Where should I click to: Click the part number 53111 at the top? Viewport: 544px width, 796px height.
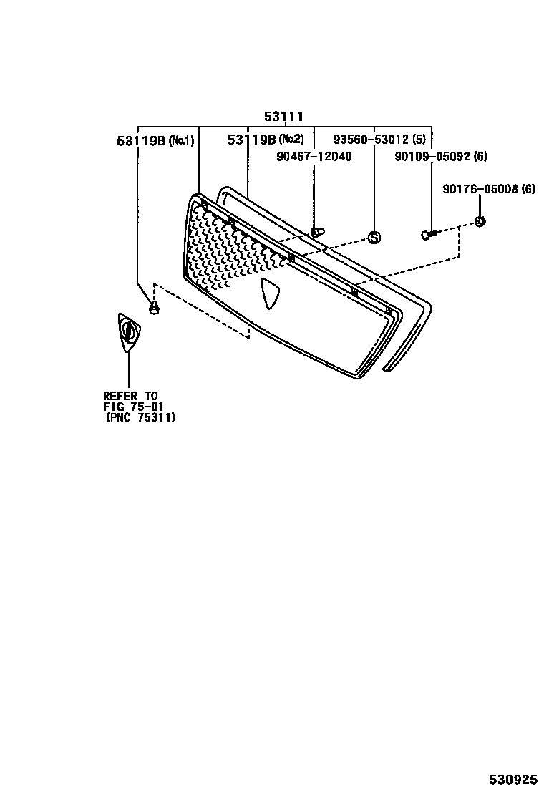tap(284, 116)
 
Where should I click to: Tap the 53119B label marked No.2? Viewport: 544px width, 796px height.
tap(266, 140)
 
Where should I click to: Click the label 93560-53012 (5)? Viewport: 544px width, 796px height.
tap(379, 139)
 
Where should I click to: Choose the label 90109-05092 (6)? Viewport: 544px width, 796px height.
tap(441, 156)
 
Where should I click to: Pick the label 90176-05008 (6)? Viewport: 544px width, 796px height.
tap(488, 189)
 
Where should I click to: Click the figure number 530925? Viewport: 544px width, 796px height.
tap(513, 779)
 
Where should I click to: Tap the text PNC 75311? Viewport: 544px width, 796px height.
tap(141, 417)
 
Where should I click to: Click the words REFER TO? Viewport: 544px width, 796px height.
tap(130, 396)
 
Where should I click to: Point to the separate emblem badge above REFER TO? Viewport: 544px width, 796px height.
tap(129, 332)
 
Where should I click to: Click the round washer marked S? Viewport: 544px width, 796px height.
tap(374, 237)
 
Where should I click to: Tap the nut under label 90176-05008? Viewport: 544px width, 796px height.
tap(480, 221)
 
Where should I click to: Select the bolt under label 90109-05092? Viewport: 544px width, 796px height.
tap(429, 234)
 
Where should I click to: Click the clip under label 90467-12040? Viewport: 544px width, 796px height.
tap(316, 231)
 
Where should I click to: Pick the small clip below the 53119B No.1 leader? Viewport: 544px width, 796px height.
tap(153, 309)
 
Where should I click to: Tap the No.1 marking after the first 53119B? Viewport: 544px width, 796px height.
tap(181, 140)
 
